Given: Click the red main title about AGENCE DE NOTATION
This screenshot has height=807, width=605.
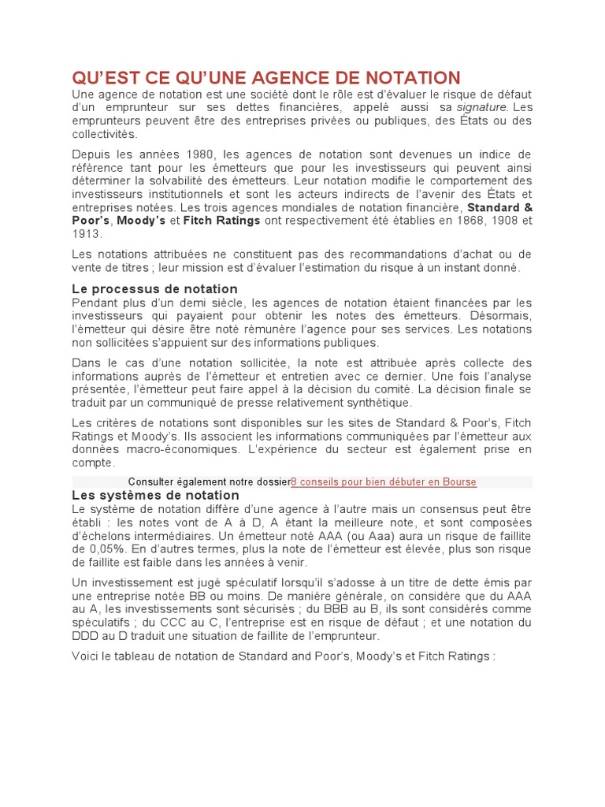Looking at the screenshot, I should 265,77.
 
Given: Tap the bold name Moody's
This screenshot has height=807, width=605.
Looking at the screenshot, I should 141,221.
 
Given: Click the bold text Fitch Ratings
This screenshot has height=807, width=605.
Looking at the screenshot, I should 221,221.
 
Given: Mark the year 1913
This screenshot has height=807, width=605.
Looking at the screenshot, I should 87,234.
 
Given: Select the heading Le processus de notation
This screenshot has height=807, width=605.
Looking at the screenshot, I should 154,289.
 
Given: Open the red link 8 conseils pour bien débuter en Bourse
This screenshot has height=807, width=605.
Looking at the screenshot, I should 383,482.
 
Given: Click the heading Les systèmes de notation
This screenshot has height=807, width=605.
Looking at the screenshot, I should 155,495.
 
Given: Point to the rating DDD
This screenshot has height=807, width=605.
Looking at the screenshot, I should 86,636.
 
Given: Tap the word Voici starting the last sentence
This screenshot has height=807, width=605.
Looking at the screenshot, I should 87,656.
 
